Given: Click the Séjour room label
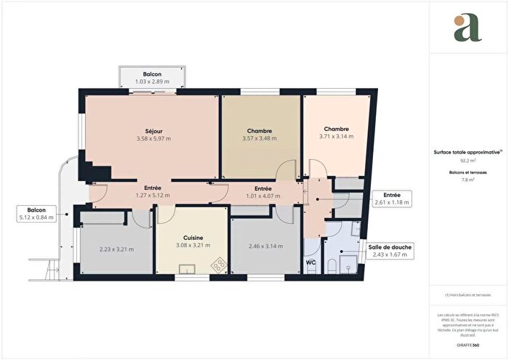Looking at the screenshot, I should (152, 130).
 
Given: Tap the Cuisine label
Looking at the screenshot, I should (193, 238).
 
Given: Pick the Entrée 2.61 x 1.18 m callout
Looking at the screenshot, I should (391, 199).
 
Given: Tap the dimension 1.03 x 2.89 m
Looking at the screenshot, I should (152, 82).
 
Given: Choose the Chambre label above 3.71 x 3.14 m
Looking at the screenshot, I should (336, 129).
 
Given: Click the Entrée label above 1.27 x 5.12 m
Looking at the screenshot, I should (153, 188).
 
